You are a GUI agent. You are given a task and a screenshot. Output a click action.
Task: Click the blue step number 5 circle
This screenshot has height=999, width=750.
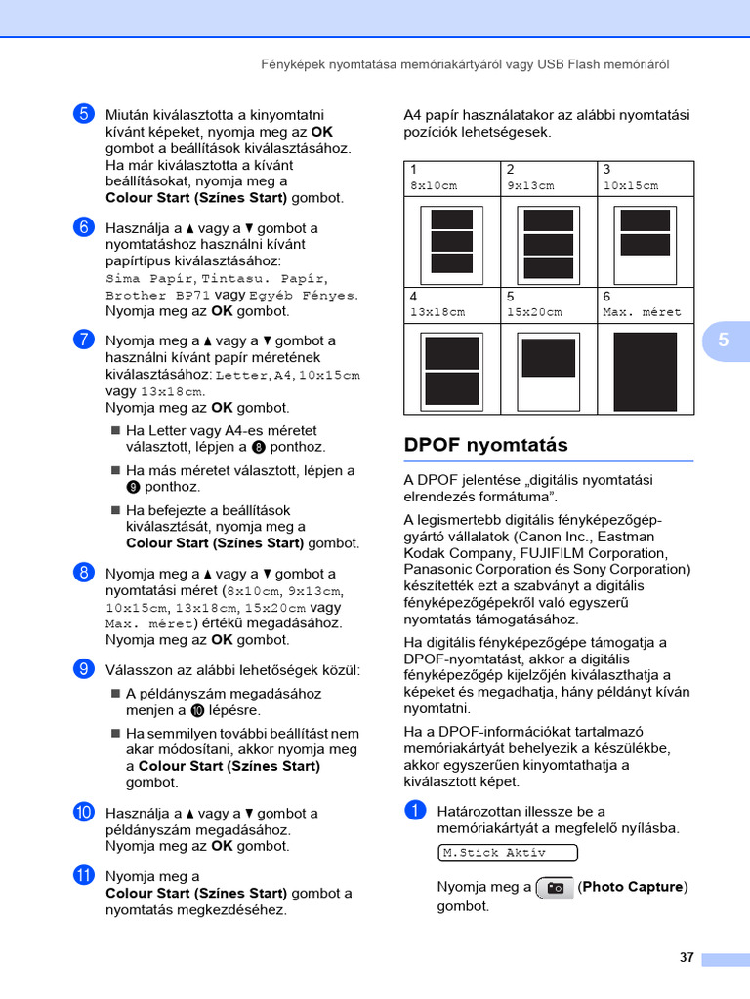pos(82,114)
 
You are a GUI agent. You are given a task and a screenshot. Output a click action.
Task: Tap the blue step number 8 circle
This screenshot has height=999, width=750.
pos(82,573)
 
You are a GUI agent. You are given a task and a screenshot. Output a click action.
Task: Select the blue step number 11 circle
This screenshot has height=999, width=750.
pos(82,875)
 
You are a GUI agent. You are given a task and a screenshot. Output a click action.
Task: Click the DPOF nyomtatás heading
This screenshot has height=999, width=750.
pos(485,445)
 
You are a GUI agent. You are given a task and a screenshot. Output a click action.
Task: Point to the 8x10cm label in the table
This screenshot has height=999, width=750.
pos(434,185)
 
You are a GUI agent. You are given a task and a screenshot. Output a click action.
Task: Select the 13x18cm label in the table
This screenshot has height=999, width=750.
pos(437,312)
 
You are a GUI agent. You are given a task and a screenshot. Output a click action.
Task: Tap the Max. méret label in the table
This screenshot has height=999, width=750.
pos(642,312)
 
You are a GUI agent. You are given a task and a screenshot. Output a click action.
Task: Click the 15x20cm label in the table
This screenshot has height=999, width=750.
pos(534,312)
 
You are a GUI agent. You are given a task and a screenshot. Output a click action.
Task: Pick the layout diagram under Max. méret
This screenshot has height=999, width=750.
pos(645,370)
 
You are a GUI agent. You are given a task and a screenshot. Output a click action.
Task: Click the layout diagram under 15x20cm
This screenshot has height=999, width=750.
pos(548,370)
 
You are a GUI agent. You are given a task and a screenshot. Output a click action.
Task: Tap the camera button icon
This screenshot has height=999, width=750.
pos(555,888)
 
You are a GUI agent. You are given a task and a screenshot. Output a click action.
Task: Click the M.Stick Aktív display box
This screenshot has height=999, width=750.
pos(507,853)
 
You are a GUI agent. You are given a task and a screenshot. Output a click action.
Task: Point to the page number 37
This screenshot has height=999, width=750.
pos(687,957)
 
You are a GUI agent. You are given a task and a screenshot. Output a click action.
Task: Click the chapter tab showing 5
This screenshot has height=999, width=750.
pos(724,340)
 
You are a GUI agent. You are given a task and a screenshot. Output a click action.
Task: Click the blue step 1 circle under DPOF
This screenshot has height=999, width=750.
pos(414,810)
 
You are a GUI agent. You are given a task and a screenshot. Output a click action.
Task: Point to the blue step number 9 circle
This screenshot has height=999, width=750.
pos(82,668)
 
